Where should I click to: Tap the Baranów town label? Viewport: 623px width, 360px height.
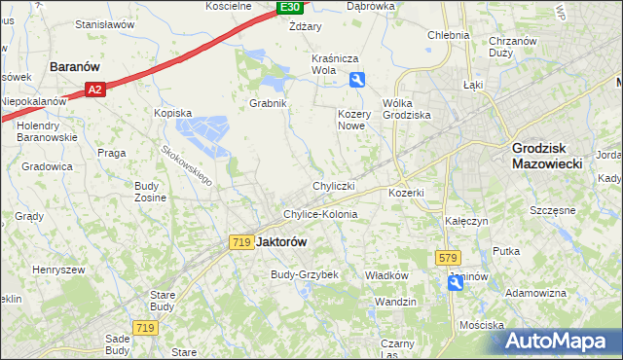[77, 67]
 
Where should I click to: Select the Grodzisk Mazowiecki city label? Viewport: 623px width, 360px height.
[546, 157]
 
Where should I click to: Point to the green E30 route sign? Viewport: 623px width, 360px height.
[289, 7]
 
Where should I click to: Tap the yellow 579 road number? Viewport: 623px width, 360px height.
[447, 257]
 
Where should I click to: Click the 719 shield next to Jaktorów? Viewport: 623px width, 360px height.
[242, 241]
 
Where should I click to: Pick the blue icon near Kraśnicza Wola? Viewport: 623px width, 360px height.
[358, 81]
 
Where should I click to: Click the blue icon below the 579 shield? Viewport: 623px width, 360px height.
[456, 282]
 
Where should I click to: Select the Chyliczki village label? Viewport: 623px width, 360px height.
[333, 185]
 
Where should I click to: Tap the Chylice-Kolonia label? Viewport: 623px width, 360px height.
[319, 214]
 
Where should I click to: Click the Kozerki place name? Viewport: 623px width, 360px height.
[406, 193]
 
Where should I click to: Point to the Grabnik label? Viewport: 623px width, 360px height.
[268, 102]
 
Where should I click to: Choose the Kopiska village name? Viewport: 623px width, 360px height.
[173, 113]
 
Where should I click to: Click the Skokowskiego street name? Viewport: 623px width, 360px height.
[188, 165]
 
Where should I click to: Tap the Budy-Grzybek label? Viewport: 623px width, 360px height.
[304, 274]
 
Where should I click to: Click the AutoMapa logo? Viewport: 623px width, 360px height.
[559, 342]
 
